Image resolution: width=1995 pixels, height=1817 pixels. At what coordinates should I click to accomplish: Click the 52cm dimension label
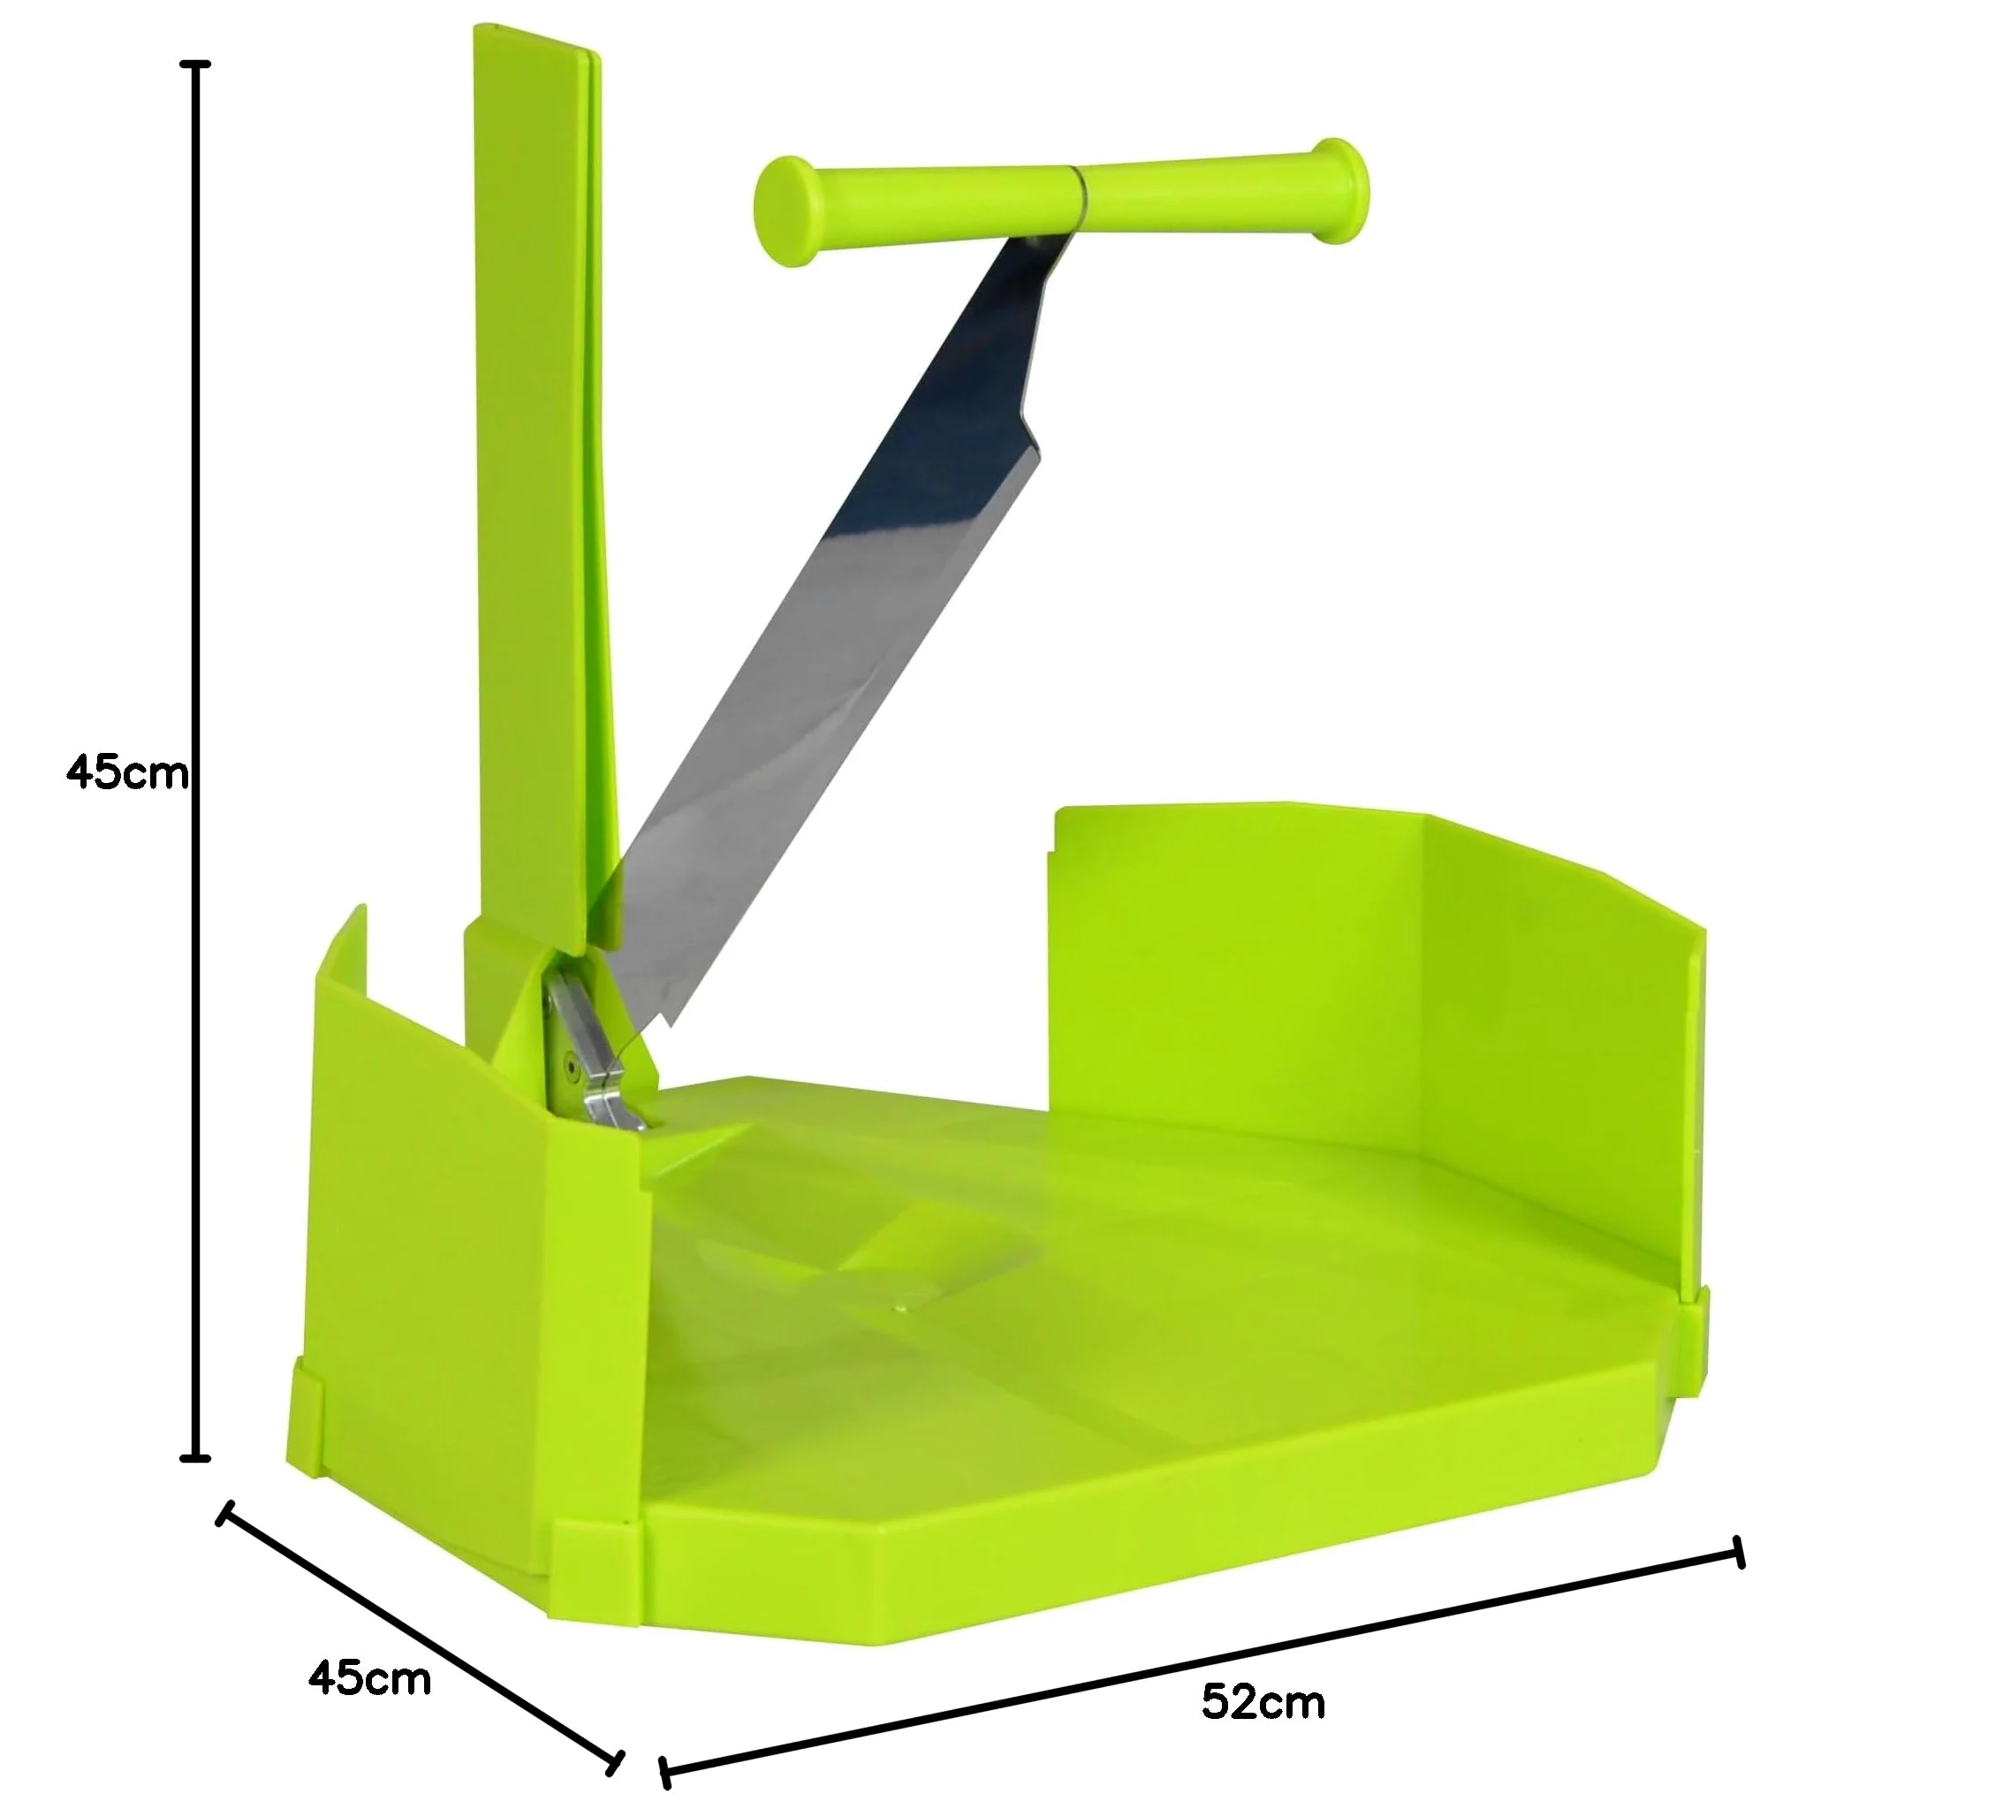point(1263,1702)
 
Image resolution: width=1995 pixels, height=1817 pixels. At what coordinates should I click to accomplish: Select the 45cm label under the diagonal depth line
point(369,1678)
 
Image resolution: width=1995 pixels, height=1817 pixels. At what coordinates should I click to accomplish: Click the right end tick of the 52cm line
point(1739,1553)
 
